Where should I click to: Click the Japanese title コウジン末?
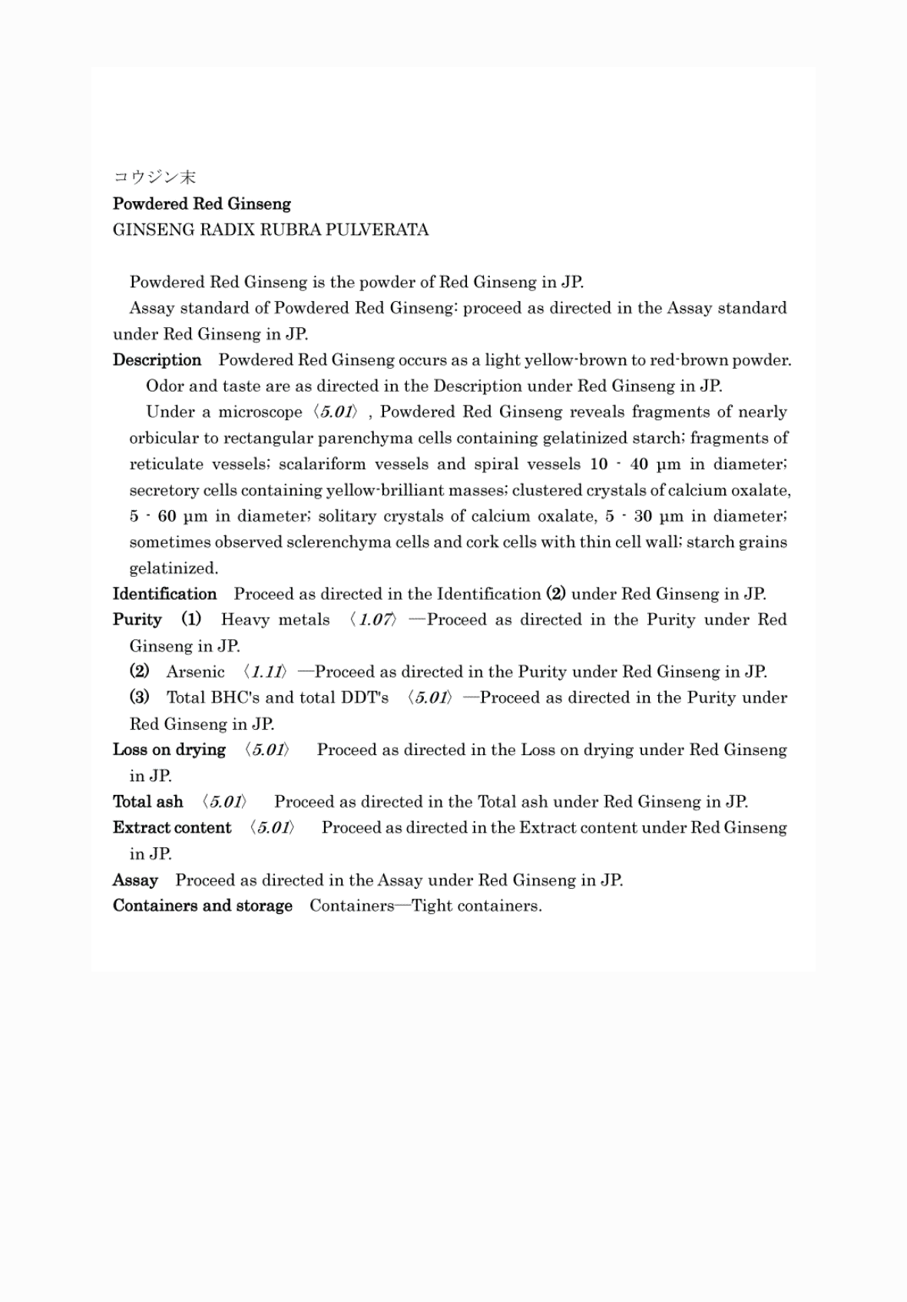tap(154, 177)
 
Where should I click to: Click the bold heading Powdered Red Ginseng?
tap(202, 204)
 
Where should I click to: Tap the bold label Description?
tap(157, 360)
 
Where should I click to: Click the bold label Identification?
tap(164, 594)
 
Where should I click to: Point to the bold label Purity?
tap(137, 620)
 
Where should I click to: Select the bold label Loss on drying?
tap(169, 750)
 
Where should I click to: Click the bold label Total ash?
tap(147, 802)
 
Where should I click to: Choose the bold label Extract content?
tap(171, 828)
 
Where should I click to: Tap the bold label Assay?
tap(135, 880)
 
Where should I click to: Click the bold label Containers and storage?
tap(202, 906)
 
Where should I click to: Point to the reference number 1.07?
tap(374, 620)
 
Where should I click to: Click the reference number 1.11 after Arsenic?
tap(266, 672)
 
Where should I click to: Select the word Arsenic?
tap(195, 672)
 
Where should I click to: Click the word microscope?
tap(260, 412)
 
